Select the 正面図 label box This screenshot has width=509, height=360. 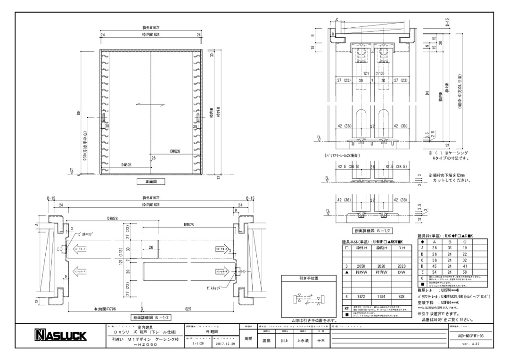[x=150, y=181]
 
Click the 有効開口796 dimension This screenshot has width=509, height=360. [x=105, y=309]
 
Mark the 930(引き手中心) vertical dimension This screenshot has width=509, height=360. [x=84, y=146]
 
